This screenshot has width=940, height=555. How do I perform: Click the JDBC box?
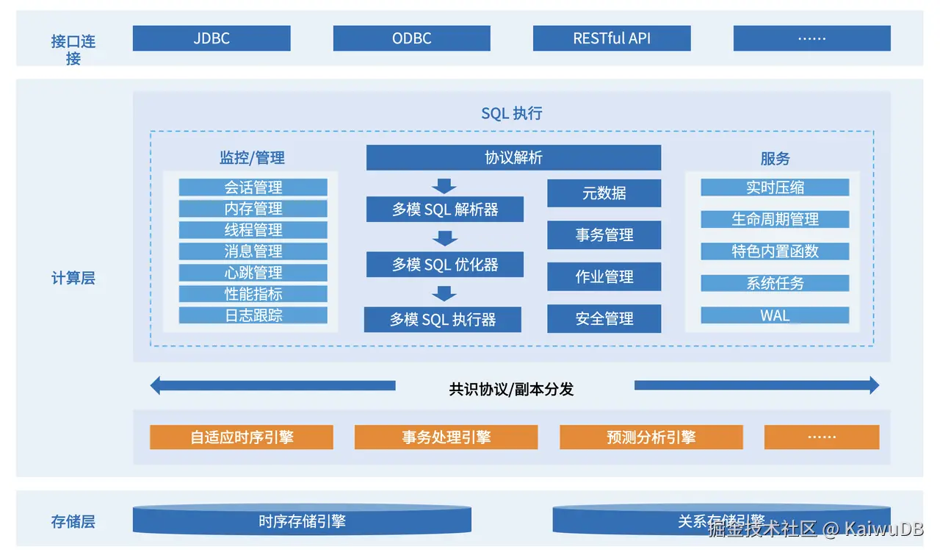pos(211,38)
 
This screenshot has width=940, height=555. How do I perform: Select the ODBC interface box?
pos(411,38)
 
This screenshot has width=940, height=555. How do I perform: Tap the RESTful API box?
pos(612,38)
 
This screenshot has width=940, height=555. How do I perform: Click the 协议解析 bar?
pos(513,157)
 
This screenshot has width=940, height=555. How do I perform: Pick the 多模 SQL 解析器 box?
pos(445,210)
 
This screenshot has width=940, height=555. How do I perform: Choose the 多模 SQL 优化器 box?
pos(445,265)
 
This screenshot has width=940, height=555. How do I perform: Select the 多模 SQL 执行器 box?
pos(443,320)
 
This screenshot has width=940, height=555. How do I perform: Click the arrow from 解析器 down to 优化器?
pos(444,238)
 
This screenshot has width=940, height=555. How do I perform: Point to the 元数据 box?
pos(604,193)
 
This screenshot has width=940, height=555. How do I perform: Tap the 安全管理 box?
pos(604,319)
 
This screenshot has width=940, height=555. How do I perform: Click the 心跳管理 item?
pos(253,273)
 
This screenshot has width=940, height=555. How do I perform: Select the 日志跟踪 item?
pos(253,315)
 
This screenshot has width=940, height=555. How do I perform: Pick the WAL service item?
pos(775,315)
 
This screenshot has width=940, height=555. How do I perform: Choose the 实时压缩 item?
pos(775,187)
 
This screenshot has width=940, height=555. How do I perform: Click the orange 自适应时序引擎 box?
pos(242,437)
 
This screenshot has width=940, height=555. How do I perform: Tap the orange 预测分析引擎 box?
pos(651,437)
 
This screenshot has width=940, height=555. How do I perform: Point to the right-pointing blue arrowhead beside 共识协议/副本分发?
pos(873,385)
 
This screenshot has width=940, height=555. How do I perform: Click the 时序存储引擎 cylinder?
pos(302,521)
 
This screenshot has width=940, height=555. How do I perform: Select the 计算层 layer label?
pos(73,278)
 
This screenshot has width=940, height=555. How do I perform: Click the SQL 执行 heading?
pos(512,113)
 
